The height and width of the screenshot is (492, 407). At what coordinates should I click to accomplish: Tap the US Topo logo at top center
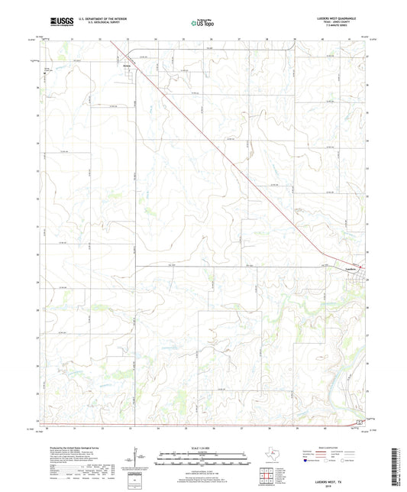pyautogui.click(x=199, y=23)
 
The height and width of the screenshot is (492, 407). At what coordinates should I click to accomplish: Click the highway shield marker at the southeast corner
pyautogui.click(x=358, y=422)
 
